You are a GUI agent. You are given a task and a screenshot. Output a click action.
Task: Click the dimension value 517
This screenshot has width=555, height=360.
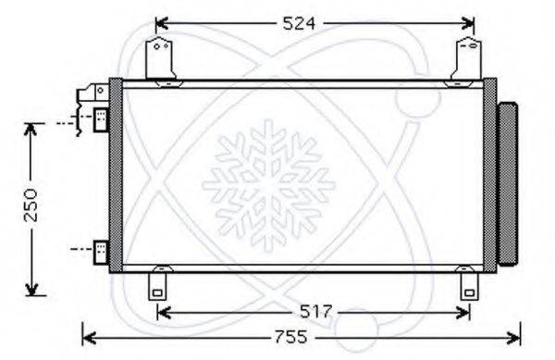click(313, 313)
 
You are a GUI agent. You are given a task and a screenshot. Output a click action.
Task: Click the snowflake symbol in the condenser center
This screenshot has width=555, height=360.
click(268, 180)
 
